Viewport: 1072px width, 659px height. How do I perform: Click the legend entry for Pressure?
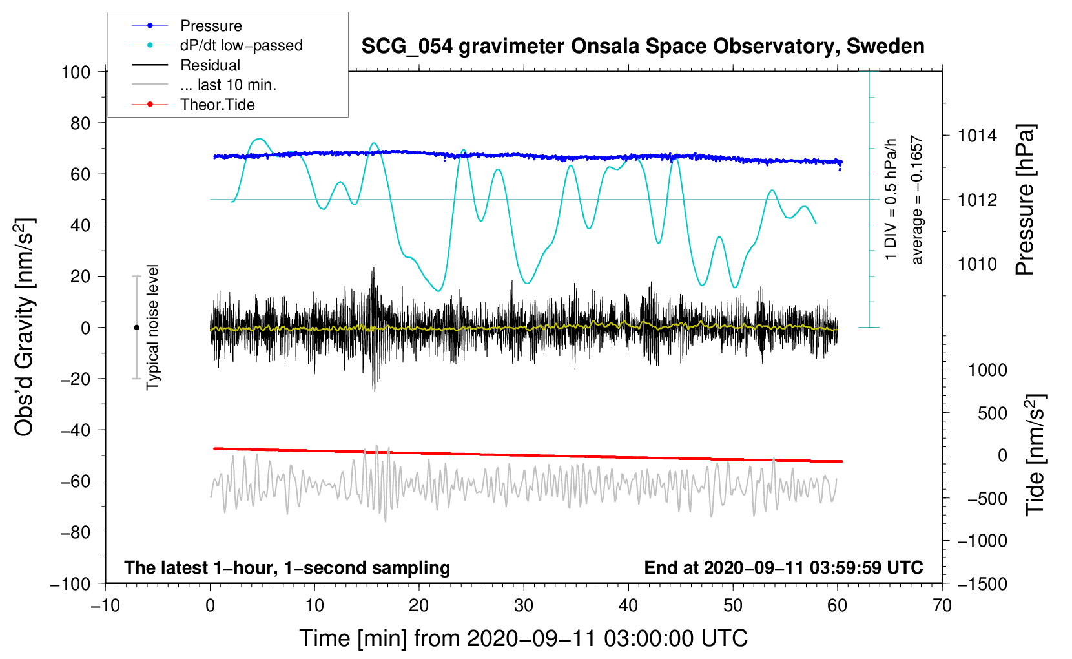tap(211, 26)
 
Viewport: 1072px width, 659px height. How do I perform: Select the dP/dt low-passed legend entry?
tap(241, 45)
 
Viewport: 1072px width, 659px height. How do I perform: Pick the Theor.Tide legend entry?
tap(217, 105)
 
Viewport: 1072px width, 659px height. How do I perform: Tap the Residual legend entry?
tap(210, 65)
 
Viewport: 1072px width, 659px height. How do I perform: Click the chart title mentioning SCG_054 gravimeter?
tap(643, 47)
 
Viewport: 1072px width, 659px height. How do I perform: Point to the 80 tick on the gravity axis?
tap(80, 123)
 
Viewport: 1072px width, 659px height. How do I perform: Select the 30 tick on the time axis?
tap(524, 605)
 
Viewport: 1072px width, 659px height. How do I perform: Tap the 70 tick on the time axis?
tap(942, 605)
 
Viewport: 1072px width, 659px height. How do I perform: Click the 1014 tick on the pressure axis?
tap(977, 136)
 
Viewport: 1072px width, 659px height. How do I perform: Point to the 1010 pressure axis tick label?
tap(977, 264)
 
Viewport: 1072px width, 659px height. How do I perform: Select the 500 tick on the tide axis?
tap(992, 413)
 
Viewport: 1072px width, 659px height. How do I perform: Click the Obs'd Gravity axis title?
tap(25, 327)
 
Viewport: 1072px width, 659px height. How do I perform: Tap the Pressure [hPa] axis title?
tap(1025, 200)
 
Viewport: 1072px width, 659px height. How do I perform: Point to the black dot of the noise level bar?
tap(136, 328)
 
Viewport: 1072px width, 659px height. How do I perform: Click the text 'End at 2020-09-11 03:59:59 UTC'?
tap(783, 568)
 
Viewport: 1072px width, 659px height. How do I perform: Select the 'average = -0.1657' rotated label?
tap(917, 200)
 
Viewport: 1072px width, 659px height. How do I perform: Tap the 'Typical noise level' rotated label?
tap(152, 327)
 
